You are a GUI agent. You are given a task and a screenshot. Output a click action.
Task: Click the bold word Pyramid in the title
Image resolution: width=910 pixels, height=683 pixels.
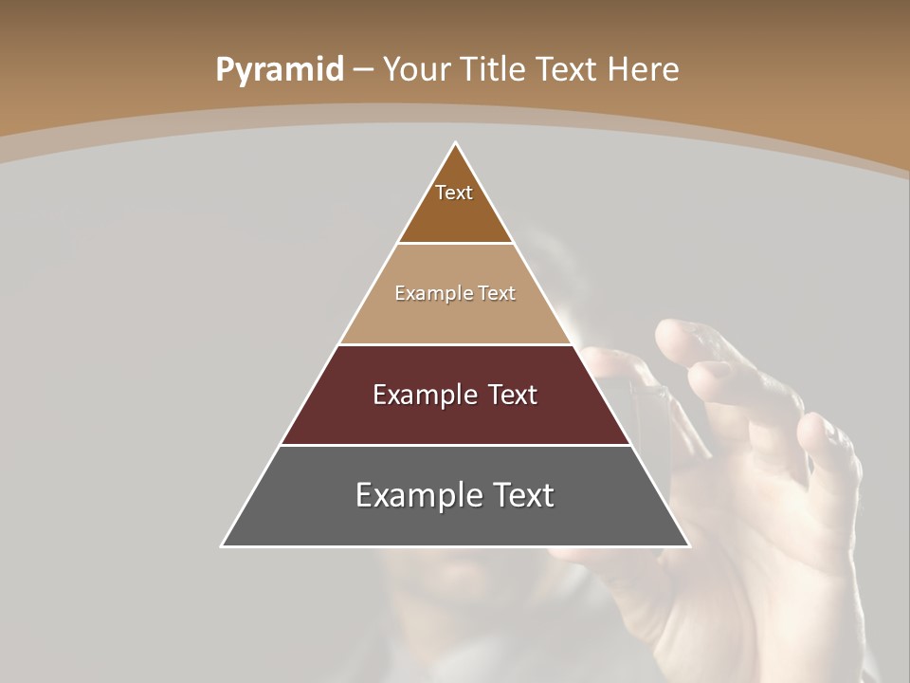[x=280, y=70]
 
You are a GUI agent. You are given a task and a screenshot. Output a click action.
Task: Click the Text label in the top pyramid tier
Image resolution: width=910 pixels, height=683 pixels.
[x=454, y=193]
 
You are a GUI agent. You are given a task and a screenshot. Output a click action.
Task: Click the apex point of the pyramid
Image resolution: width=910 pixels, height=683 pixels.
[x=456, y=143]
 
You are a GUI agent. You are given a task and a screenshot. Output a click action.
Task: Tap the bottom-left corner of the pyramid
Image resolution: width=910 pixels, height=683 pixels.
[x=222, y=546]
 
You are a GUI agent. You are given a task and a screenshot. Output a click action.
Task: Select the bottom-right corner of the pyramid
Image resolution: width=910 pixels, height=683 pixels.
[x=689, y=546]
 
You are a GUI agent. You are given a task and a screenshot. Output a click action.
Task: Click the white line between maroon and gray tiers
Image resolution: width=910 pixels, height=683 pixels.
[x=455, y=445]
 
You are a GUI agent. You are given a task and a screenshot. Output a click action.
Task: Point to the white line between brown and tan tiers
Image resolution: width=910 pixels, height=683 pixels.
[x=455, y=244]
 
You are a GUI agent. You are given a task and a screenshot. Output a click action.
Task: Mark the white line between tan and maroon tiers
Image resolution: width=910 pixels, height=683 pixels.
[x=455, y=344]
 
